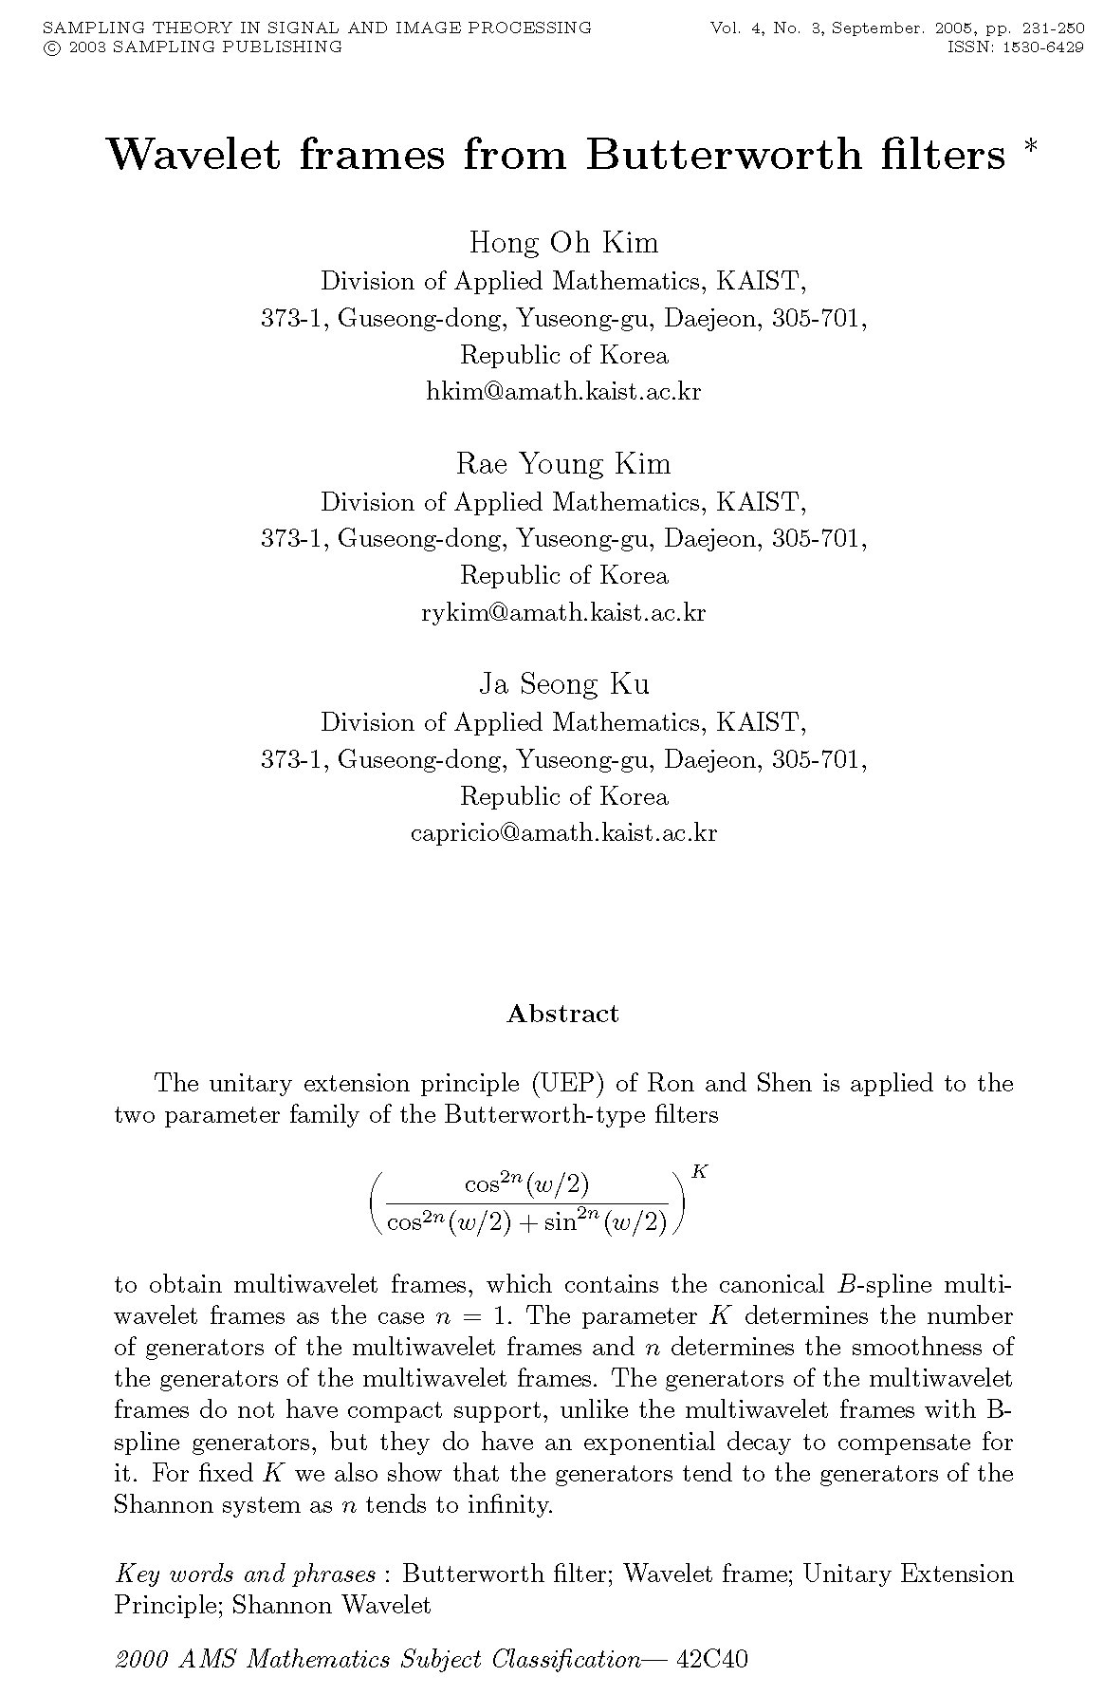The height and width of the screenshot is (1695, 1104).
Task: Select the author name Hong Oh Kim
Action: click(563, 243)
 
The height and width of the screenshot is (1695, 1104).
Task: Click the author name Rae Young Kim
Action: click(563, 464)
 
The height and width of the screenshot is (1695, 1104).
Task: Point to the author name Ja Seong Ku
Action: click(563, 684)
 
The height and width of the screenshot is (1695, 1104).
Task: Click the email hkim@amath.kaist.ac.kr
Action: click(563, 391)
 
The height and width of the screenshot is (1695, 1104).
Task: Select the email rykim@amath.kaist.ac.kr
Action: click(563, 612)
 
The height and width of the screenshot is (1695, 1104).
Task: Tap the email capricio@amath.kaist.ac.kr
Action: click(563, 832)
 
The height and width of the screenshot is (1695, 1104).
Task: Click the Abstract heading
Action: click(562, 1014)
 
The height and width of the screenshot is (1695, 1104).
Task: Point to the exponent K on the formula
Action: click(700, 1171)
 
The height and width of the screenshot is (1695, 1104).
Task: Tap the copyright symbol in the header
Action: click(49, 47)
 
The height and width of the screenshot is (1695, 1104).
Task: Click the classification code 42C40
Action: click(711, 1659)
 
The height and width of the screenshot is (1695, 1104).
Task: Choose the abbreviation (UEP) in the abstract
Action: click(568, 1083)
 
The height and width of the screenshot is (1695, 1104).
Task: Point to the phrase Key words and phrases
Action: click(245, 1574)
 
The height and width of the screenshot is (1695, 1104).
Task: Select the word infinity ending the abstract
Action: click(510, 1504)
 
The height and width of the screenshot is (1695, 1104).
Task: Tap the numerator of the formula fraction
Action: click(527, 1184)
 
